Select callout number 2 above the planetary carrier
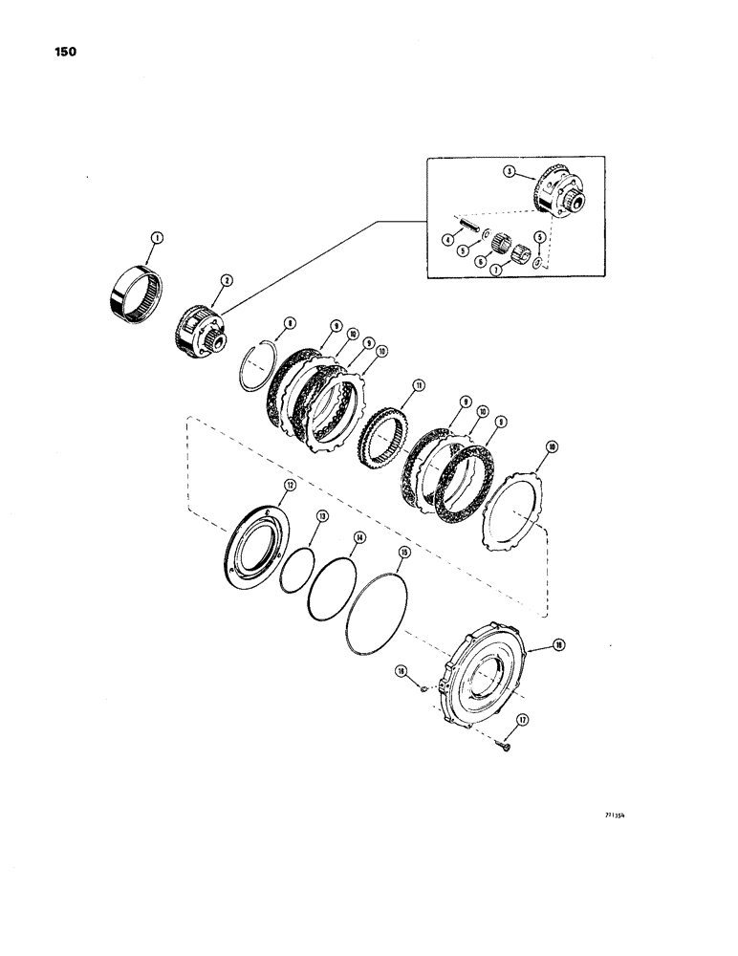(226, 280)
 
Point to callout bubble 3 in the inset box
(510, 172)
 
